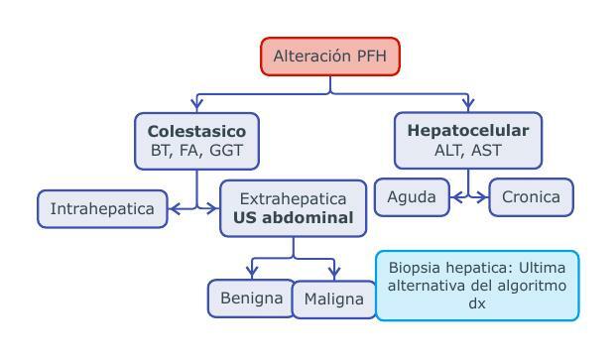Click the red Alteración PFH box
click(330, 57)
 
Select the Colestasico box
click(196, 140)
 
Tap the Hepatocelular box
click(468, 140)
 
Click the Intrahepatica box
click(102, 209)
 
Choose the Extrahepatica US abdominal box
click(293, 208)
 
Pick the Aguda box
click(411, 197)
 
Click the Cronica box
click(531, 197)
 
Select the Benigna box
click(250, 298)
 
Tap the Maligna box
click(334, 300)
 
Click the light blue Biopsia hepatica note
click(476, 286)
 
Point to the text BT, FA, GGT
click(196, 151)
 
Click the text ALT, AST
click(468, 151)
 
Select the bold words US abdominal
click(293, 218)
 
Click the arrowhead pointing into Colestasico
click(196, 104)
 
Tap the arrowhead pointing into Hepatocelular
click(468, 104)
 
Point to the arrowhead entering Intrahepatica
click(175, 208)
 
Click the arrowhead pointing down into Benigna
click(254, 272)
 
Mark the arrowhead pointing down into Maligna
click(334, 272)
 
